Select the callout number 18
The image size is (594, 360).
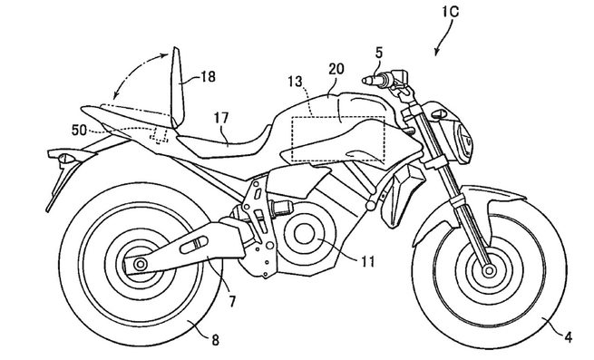click(x=208, y=78)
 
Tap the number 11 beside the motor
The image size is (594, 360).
click(x=366, y=264)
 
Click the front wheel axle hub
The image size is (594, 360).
click(x=490, y=269)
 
